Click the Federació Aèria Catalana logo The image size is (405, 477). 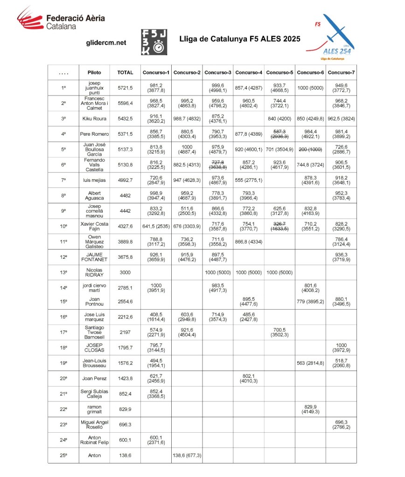click(61, 21)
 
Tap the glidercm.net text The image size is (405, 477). click(106, 42)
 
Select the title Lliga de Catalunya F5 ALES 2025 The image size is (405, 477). click(239, 39)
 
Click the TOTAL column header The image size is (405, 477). click(125, 72)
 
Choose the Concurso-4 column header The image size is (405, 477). click(248, 72)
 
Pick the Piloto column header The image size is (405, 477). click(94, 72)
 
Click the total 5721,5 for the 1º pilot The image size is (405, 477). click(125, 88)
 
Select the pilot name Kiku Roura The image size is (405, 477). click(94, 118)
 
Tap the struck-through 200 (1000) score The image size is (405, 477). click(310, 149)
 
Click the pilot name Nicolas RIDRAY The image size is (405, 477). click(94, 272)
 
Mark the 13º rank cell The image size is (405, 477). click(63, 272)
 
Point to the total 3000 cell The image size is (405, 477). click(125, 272)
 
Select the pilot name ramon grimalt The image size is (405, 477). click(94, 409)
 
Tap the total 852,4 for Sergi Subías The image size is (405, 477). click(125, 394)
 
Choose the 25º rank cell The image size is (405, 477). click(63, 455)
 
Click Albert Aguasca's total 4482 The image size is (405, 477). click(125, 195)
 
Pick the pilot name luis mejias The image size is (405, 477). click(94, 180)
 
